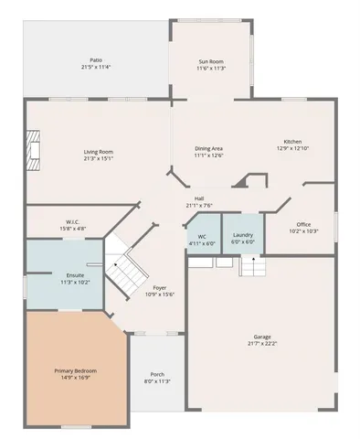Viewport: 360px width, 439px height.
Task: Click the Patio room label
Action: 96,60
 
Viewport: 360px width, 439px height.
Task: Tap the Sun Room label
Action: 211,61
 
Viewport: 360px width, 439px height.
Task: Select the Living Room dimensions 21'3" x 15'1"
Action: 98,158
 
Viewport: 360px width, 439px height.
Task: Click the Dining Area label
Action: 208,148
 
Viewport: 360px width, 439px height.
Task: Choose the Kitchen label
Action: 291,142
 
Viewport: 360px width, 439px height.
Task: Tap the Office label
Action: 303,224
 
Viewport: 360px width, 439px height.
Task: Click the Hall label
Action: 198,198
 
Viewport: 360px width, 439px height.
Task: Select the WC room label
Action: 201,236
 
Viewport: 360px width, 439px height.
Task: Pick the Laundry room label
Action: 242,236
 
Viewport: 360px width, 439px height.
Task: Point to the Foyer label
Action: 160,287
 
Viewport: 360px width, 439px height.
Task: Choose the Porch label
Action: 157,374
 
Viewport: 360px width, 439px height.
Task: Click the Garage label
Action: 262,337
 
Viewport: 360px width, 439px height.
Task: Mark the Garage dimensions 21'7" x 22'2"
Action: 262,344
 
